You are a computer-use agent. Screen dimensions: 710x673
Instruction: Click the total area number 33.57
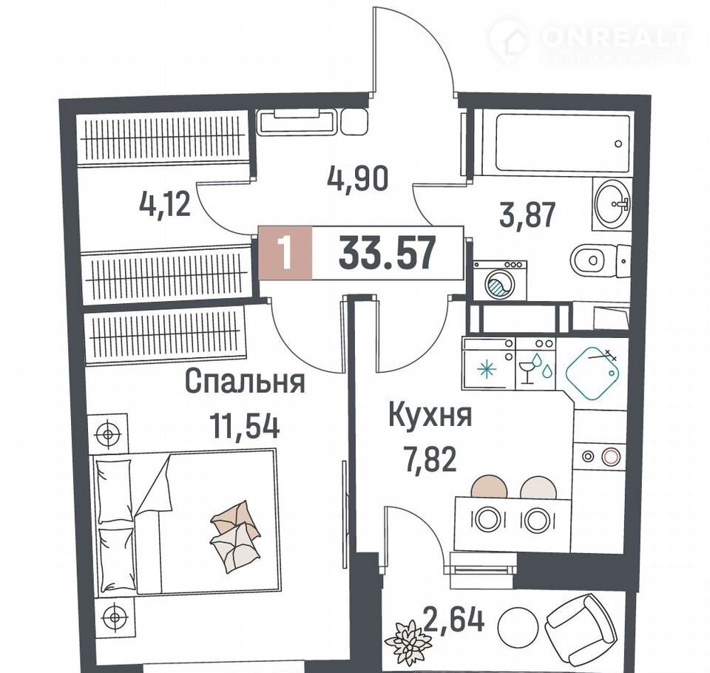coord(387,254)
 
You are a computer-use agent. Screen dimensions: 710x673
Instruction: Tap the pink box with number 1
coord(285,252)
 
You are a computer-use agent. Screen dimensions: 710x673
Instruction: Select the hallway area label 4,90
coord(357,179)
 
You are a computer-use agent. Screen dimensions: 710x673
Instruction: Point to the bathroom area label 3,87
coord(527,215)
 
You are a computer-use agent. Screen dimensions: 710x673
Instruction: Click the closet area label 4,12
coord(165,204)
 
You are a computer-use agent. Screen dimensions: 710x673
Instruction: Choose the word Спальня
coord(245,382)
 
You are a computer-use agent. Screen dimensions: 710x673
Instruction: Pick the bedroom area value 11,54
coord(244,426)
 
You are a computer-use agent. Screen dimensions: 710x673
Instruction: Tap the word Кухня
coord(430,416)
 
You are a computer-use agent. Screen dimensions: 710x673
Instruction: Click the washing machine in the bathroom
coord(500,280)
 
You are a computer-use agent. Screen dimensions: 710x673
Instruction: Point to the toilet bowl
coord(600,261)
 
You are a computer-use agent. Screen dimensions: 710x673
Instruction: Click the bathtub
coord(563,143)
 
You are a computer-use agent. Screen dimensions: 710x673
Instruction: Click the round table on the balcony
coord(518,627)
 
